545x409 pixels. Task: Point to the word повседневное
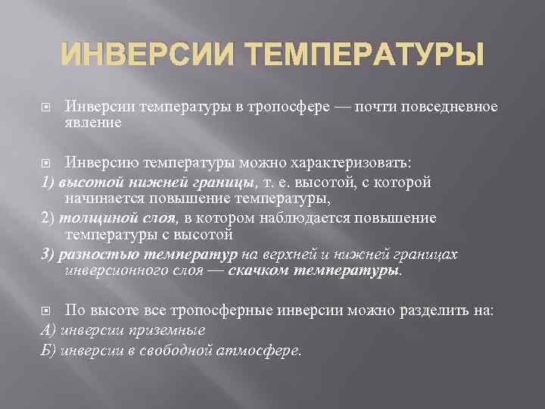449,107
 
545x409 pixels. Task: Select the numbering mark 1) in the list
46,183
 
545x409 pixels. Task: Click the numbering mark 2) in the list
48,218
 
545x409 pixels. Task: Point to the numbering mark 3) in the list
48,254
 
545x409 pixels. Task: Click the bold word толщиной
87,218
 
